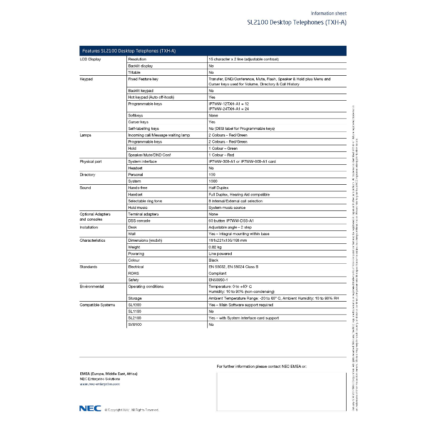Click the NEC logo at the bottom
[90, 408]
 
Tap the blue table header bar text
[129, 51]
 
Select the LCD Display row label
[90, 59]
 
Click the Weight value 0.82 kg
[215, 247]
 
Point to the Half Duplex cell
[218, 188]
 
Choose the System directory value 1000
[213, 181]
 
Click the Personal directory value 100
[212, 175]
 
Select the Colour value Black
[213, 260]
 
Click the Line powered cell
[220, 253]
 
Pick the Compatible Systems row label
[97, 305]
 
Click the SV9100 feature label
[135, 324]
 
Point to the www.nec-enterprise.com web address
[100, 384]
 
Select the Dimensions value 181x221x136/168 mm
[228, 240]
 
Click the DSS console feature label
[139, 220]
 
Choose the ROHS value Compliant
[217, 273]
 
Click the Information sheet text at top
[328, 13]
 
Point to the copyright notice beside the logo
[131, 410]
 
